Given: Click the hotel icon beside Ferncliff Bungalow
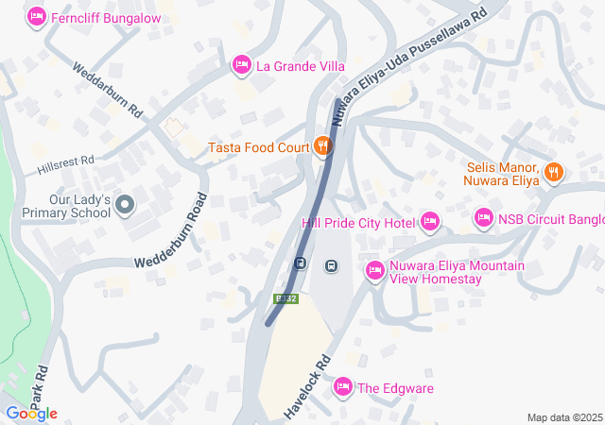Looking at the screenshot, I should coord(38,16).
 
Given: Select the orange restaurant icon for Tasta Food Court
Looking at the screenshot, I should coord(323,145).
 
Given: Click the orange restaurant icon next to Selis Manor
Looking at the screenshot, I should coord(554,173).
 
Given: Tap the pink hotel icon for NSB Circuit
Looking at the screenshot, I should coord(484,218).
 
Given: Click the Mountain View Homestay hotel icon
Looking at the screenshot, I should coord(374,271).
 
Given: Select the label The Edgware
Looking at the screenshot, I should coord(394,387).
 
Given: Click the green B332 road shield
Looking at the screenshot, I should coord(285,298).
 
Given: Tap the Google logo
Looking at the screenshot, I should coord(30,414).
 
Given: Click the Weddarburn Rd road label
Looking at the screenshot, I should coord(108,89).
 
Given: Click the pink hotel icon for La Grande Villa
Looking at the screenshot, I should coord(242,64).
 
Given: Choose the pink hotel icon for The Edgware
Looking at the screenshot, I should coord(342,386).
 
